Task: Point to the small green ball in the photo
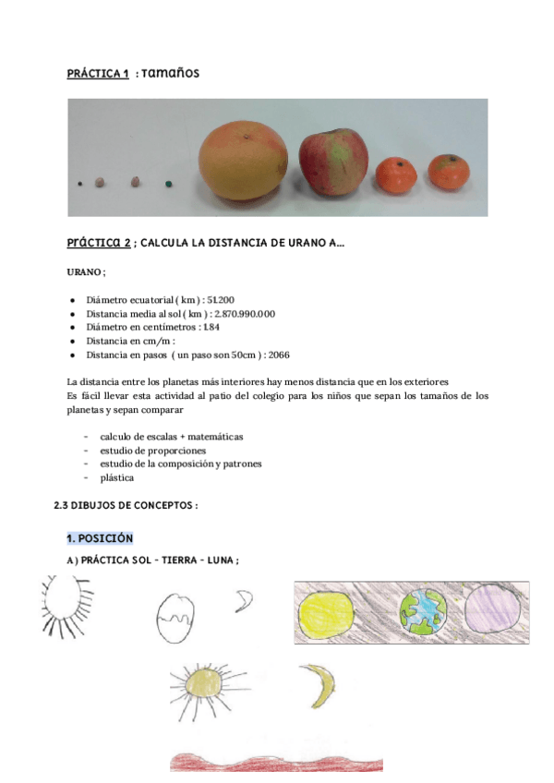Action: pyautogui.click(x=167, y=184)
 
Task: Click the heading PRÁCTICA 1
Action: pyautogui.click(x=98, y=73)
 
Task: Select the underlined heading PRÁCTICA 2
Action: pyautogui.click(x=99, y=243)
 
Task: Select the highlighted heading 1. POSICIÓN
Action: pyautogui.click(x=100, y=537)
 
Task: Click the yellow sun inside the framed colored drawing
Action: pyautogui.click(x=328, y=613)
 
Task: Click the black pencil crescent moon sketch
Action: pyautogui.click(x=245, y=602)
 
